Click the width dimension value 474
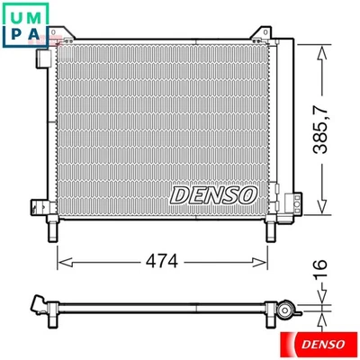(163, 262)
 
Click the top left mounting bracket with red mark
(59, 37)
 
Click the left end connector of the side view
(38, 303)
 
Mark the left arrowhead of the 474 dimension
(62, 262)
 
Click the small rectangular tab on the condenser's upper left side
(40, 58)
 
